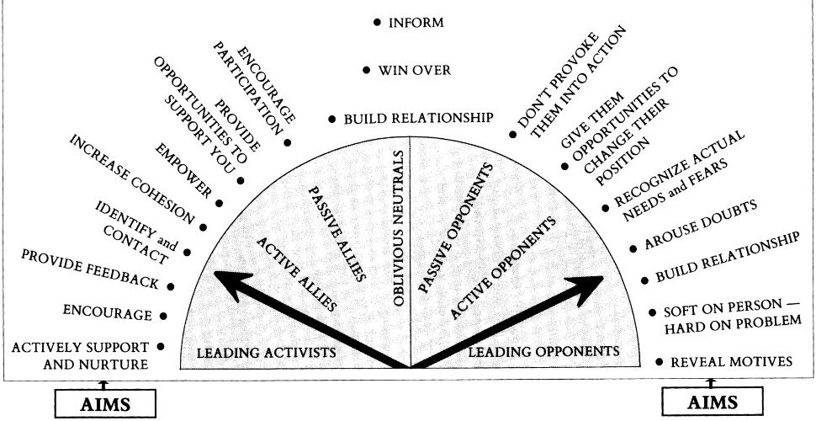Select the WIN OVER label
tap(414, 71)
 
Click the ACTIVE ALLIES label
tap(296, 275)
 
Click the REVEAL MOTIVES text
tap(730, 362)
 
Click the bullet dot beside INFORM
tap(377, 23)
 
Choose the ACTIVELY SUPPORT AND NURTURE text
tap(81, 355)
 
